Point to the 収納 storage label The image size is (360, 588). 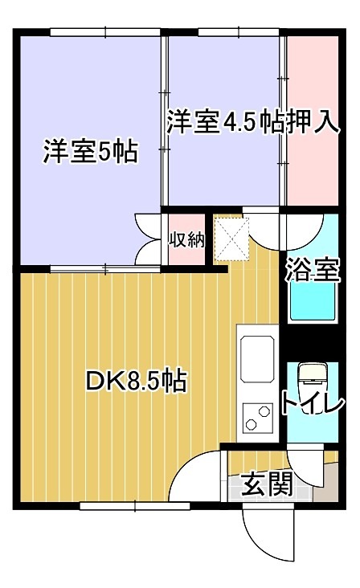point(186,239)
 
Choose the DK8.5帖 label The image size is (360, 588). point(136,380)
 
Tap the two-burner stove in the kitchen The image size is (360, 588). point(258,418)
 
